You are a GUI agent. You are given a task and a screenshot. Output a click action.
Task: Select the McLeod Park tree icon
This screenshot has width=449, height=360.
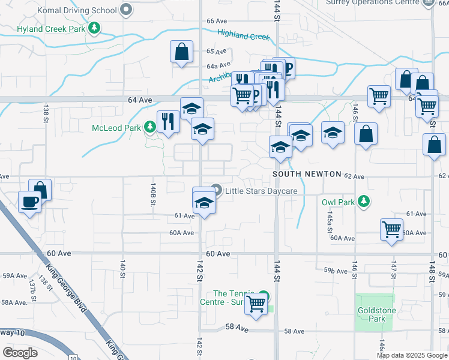point(150,127)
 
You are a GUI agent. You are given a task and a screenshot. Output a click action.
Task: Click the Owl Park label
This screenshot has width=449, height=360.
point(339,202)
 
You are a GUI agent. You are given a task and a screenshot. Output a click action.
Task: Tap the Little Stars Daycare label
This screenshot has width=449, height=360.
point(262,191)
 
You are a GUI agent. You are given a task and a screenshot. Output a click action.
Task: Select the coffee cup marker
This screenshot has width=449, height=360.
point(29,202)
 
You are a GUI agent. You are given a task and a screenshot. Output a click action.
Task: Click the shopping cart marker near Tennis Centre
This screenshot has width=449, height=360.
point(256,304)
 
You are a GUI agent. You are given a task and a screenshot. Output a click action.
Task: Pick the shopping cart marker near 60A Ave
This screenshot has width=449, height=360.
point(391,229)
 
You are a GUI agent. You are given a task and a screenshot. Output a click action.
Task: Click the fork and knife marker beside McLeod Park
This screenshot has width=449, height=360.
point(167,122)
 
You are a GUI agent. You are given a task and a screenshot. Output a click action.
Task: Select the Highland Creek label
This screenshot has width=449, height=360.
point(244,35)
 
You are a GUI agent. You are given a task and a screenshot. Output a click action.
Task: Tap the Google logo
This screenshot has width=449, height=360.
point(20,353)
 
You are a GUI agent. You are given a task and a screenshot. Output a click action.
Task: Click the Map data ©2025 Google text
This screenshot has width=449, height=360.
point(411,355)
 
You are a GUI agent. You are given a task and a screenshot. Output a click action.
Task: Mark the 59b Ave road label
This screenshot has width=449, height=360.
point(336,271)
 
